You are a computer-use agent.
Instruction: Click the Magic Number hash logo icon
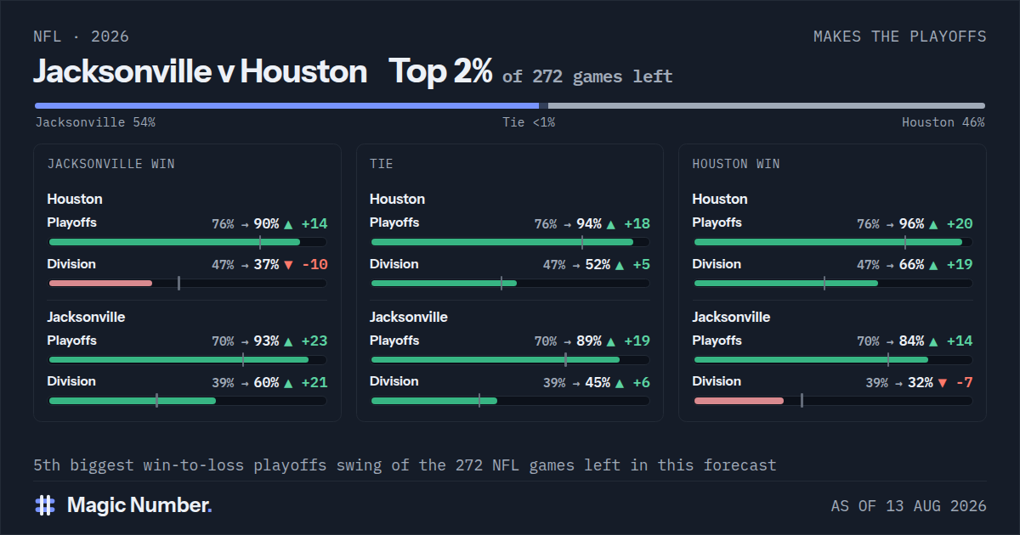pyautogui.click(x=45, y=505)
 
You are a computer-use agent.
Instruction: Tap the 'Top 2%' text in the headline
pyautogui.click(x=440, y=71)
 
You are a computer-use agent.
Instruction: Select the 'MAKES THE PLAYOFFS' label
pyautogui.click(x=900, y=37)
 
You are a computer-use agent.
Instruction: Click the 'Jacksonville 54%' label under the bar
pyautogui.click(x=95, y=122)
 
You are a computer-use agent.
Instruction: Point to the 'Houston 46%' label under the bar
pyautogui.click(x=943, y=122)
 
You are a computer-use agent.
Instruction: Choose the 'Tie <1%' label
pyautogui.click(x=529, y=122)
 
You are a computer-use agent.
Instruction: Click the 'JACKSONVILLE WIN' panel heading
pyautogui.click(x=111, y=164)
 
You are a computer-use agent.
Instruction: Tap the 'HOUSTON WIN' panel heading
pyautogui.click(x=736, y=164)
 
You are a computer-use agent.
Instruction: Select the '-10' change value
pyautogui.click(x=315, y=264)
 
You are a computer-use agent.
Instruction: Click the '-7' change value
pyautogui.click(x=965, y=382)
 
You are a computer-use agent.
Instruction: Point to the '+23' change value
pyautogui.click(x=314, y=341)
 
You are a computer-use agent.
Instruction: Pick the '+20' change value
pyautogui.click(x=960, y=224)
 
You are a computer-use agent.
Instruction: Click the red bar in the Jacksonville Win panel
pyautogui.click(x=100, y=284)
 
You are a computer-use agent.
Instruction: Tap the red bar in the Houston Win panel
pyautogui.click(x=739, y=401)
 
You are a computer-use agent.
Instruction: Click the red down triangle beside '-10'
pyautogui.click(x=288, y=265)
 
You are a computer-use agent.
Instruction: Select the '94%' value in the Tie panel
pyautogui.click(x=589, y=224)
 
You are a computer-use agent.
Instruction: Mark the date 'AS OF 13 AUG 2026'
pyautogui.click(x=909, y=506)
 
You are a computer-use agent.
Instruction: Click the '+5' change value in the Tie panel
pyautogui.click(x=642, y=264)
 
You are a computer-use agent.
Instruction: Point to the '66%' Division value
pyautogui.click(x=911, y=264)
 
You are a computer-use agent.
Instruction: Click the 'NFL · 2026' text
pyautogui.click(x=81, y=37)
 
